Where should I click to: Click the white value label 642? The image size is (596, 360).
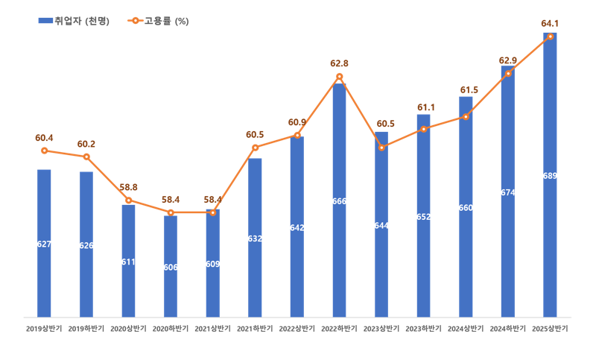(x=297, y=228)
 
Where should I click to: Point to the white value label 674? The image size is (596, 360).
(x=508, y=192)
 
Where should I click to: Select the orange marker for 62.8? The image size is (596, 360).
(x=339, y=77)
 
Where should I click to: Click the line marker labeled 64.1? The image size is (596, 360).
(x=550, y=37)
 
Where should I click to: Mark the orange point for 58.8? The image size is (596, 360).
(x=128, y=200)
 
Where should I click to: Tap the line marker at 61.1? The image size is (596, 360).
(x=423, y=129)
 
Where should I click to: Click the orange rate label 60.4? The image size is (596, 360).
(x=44, y=138)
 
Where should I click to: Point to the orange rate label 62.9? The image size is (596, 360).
(x=508, y=60)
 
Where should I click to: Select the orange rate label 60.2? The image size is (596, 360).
(x=86, y=144)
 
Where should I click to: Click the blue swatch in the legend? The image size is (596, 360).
(x=45, y=21)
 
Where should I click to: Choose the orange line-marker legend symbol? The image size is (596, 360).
(x=135, y=21)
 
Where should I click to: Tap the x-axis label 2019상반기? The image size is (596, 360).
(x=44, y=328)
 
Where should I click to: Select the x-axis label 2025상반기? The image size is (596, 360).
(x=550, y=328)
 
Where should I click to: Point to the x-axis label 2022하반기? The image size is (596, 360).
(x=339, y=328)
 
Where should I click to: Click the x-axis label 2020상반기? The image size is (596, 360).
(x=128, y=328)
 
